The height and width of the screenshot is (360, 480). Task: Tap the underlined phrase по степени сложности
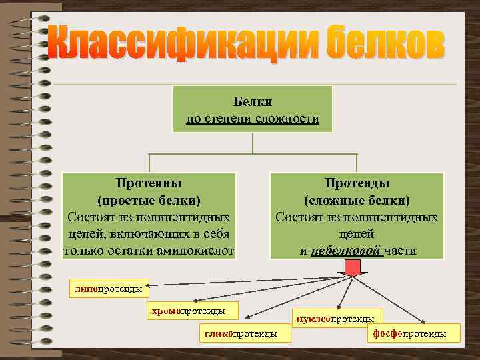coord(252,119)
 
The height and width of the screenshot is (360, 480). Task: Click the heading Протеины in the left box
coord(149,183)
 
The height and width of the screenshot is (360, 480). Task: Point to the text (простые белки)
coord(149,200)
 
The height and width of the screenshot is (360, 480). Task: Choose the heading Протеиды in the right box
coord(357,183)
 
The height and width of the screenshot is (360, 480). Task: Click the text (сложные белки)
coord(357,200)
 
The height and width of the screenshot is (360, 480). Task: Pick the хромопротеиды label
coord(187,311)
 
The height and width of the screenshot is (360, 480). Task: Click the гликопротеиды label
coord(245,333)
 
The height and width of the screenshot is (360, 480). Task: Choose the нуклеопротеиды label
coord(338,319)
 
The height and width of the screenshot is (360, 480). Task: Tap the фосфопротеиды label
coord(414,333)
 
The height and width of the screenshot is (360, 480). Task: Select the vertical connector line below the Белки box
coord(252,143)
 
